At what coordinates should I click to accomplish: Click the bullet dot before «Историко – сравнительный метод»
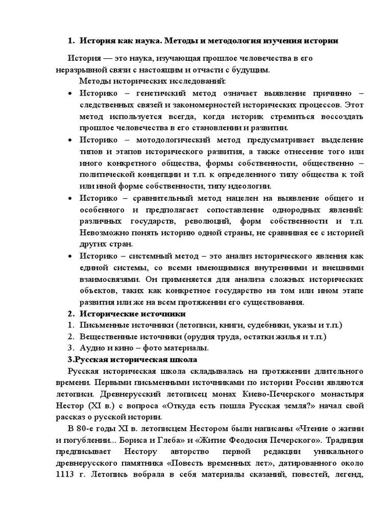coord(70,198)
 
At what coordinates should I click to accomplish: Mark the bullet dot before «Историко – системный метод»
coord(70,256)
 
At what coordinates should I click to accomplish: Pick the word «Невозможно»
coord(102,232)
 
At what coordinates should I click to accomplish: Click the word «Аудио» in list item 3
coord(91,348)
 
